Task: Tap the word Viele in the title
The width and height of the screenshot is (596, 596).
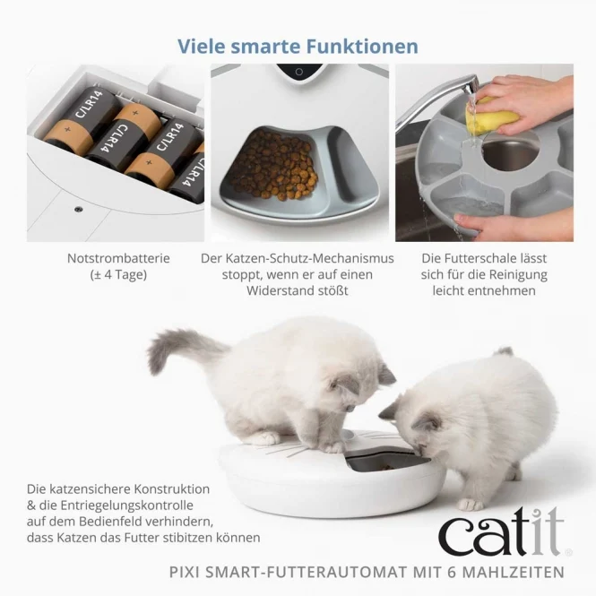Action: [202, 46]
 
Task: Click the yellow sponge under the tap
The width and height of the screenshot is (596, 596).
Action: [492, 115]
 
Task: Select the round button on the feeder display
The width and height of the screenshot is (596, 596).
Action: [299, 72]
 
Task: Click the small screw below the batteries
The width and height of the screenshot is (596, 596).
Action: [78, 209]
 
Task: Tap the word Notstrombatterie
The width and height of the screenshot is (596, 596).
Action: [118, 258]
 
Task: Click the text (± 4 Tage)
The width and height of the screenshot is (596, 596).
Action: [118, 274]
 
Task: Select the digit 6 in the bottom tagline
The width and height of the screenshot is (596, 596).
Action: [452, 572]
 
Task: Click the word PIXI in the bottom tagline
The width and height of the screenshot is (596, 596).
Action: [185, 572]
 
